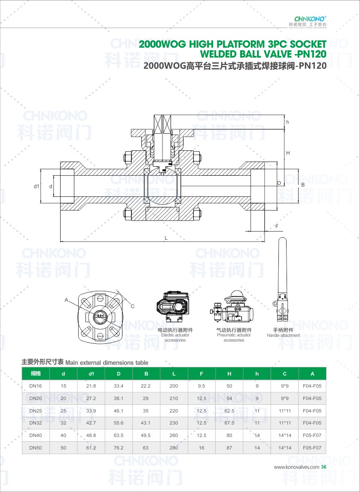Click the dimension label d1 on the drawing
click(37, 186)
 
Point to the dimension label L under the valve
click(166, 237)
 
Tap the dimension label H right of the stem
click(288, 153)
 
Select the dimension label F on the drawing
click(277, 226)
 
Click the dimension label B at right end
click(302, 184)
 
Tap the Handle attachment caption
click(283, 335)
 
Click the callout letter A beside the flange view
click(67, 299)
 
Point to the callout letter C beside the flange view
click(132, 306)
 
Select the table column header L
click(174, 374)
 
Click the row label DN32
click(36, 423)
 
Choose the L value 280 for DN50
click(174, 448)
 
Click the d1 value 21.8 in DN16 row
click(91, 386)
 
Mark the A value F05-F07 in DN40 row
click(312, 435)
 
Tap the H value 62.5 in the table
click(229, 411)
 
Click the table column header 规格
click(36, 373)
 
